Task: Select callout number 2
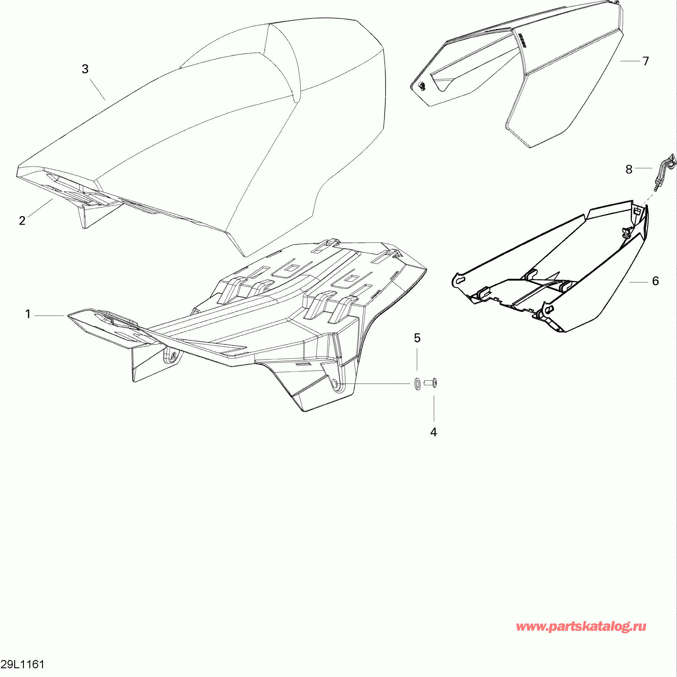[22, 221]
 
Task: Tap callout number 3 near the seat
[85, 69]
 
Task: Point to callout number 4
[434, 432]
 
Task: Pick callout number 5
[417, 338]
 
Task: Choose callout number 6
[656, 281]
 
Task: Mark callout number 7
[646, 61]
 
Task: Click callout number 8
[629, 170]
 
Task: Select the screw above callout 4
[431, 383]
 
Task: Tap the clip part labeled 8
[664, 173]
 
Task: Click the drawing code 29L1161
[23, 664]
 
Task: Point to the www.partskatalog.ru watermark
[581, 626]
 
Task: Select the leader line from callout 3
[98, 90]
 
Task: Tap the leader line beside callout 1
[49, 316]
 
